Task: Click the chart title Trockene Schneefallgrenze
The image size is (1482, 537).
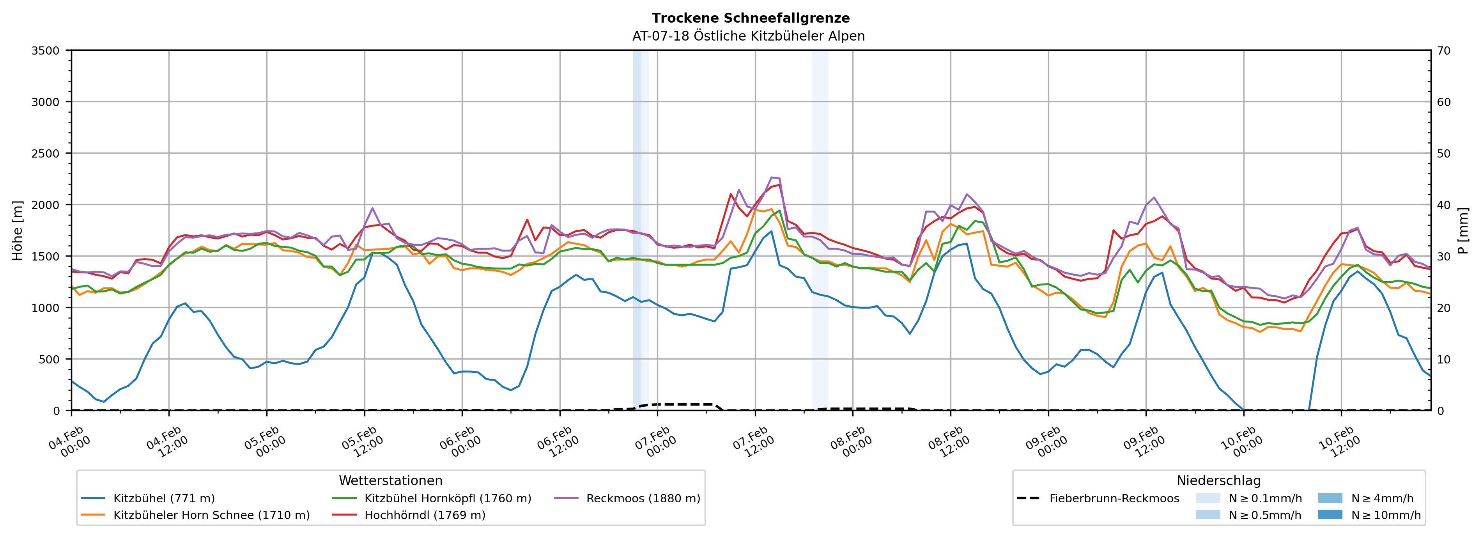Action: tap(750, 18)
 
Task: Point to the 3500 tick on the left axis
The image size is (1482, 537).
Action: tap(46, 51)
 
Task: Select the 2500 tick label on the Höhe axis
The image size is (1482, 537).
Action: tap(46, 154)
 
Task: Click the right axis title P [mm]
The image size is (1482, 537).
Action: tap(1463, 230)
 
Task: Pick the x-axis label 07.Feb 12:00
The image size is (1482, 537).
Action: tap(754, 442)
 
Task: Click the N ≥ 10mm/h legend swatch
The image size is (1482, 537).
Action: tap(1330, 514)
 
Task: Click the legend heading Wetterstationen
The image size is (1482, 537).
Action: tap(391, 480)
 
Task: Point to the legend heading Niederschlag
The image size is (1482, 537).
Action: tap(1218, 480)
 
